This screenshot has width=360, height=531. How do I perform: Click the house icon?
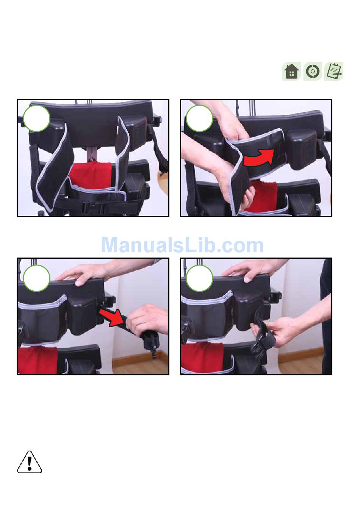292,71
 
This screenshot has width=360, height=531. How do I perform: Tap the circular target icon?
313,71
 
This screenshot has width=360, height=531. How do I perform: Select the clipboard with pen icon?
334,71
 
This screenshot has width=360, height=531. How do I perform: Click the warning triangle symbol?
30,462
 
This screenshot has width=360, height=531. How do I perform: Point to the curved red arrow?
259,158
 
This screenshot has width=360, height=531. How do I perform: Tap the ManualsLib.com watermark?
182,245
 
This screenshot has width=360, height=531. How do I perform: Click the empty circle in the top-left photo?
37,118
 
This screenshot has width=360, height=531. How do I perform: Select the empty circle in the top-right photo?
199,118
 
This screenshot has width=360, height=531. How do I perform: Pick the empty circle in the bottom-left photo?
37,278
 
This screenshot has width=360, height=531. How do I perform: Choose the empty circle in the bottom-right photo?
199,278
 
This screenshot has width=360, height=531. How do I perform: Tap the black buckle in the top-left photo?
94,208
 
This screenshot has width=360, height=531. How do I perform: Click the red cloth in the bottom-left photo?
38,360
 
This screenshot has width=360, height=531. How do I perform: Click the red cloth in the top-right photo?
261,196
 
